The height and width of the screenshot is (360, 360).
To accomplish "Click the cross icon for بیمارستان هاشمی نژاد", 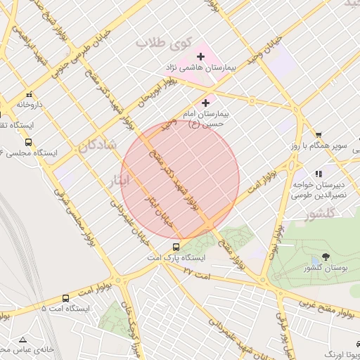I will tap(200, 56).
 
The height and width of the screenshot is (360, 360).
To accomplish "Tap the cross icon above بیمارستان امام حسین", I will tap(205, 103).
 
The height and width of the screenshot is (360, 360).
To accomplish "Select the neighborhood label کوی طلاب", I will tap(162, 43).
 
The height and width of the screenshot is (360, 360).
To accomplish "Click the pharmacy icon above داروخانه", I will tap(29, 95).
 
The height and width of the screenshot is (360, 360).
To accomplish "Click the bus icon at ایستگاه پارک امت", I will tap(175, 247).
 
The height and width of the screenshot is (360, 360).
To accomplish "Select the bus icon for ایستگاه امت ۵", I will tap(65, 298).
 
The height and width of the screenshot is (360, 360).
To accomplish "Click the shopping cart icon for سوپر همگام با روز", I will tap(319, 135).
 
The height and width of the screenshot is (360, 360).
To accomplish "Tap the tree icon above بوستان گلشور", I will tap(325, 257).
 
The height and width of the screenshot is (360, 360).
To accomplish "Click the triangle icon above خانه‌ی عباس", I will tap(23, 339).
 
